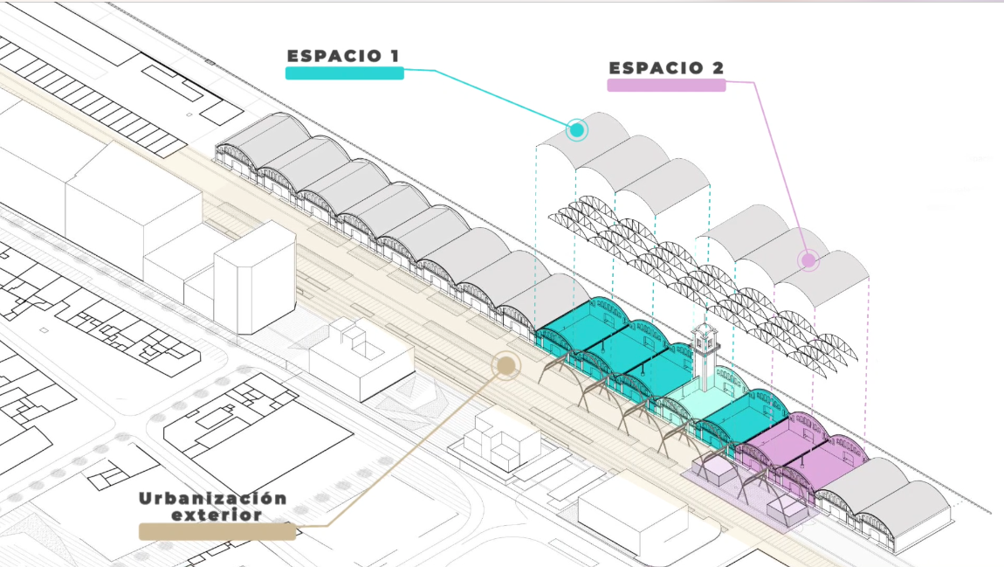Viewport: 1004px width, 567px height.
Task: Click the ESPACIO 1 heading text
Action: tap(343, 56)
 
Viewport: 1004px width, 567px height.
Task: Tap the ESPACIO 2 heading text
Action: tap(666, 68)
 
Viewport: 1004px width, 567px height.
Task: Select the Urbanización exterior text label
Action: tap(212, 507)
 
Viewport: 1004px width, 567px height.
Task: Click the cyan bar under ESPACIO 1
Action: tap(344, 73)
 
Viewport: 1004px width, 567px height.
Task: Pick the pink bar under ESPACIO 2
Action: tap(666, 86)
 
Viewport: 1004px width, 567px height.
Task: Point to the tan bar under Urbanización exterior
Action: tap(217, 531)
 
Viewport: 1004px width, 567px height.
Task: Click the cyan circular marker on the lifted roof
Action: tap(576, 130)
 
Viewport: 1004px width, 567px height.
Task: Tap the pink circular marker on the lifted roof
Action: tap(808, 259)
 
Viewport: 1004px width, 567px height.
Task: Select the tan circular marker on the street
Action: tap(505, 365)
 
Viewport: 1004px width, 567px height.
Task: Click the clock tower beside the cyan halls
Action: tap(705, 358)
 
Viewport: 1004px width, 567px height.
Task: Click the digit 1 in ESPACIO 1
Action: tap(395, 56)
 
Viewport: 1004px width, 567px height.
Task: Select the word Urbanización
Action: tap(212, 499)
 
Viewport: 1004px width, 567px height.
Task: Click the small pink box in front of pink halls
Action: tap(714, 470)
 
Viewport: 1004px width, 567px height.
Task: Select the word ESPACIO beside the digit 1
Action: tap(330, 56)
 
